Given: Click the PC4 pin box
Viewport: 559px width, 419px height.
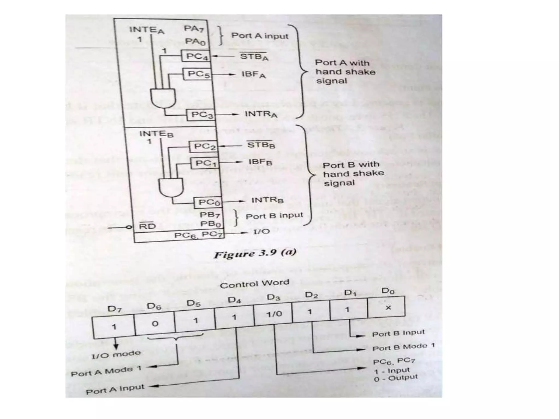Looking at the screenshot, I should (x=196, y=56).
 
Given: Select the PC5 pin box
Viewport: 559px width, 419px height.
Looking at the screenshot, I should (x=198, y=74).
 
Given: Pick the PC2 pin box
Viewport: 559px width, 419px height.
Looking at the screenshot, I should (x=204, y=147).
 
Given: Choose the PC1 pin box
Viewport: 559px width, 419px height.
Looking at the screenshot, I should (x=205, y=163).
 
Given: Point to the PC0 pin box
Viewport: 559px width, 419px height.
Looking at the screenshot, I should (x=208, y=203).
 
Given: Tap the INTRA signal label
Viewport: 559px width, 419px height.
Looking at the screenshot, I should (x=261, y=114).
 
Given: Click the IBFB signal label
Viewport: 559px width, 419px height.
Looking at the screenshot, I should (x=260, y=162).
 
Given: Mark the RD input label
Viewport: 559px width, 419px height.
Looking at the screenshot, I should (x=147, y=226).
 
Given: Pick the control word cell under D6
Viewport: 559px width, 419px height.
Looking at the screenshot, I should (x=155, y=324).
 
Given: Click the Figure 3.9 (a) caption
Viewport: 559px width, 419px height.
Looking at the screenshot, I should (x=255, y=253).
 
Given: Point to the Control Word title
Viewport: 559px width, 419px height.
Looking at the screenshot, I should (x=254, y=284).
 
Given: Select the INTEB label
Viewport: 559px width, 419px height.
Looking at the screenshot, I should (x=156, y=134).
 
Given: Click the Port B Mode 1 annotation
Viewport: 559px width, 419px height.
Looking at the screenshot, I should (x=403, y=347).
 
